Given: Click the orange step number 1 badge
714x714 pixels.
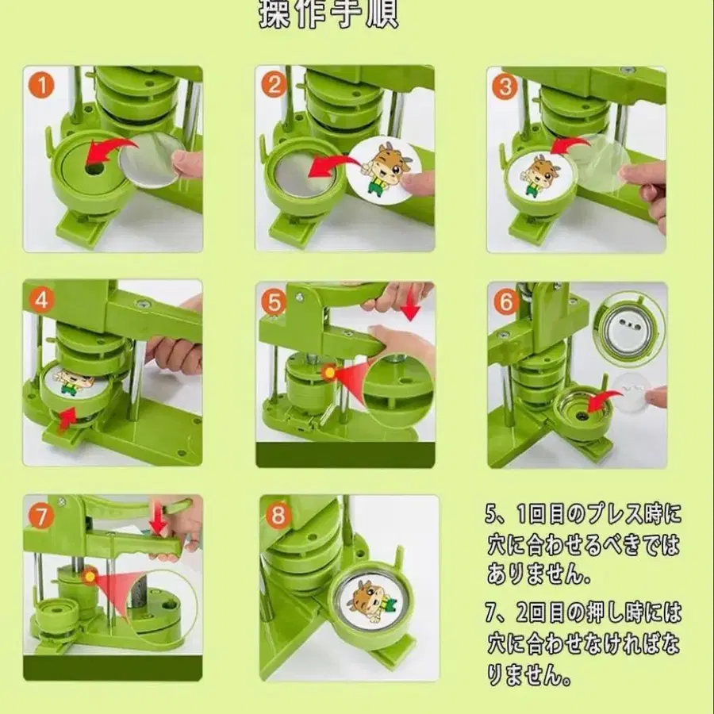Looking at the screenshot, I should [x=40, y=84].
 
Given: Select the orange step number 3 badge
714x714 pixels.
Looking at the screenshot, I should [x=504, y=86].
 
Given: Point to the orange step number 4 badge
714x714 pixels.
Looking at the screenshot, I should [x=40, y=301].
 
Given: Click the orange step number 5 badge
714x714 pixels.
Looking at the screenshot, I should [x=273, y=301].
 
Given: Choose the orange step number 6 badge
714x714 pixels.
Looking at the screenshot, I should [x=505, y=301].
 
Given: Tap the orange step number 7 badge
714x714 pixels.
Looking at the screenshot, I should [x=41, y=516].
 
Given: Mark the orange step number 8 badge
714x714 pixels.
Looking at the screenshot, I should [x=277, y=516].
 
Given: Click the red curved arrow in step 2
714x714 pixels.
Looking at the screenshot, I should [x=332, y=166].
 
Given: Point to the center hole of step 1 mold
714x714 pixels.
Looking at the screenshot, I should [x=94, y=170].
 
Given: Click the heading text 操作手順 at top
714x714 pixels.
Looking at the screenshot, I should [x=328, y=15].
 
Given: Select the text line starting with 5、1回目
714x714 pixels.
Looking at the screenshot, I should [x=582, y=516].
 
